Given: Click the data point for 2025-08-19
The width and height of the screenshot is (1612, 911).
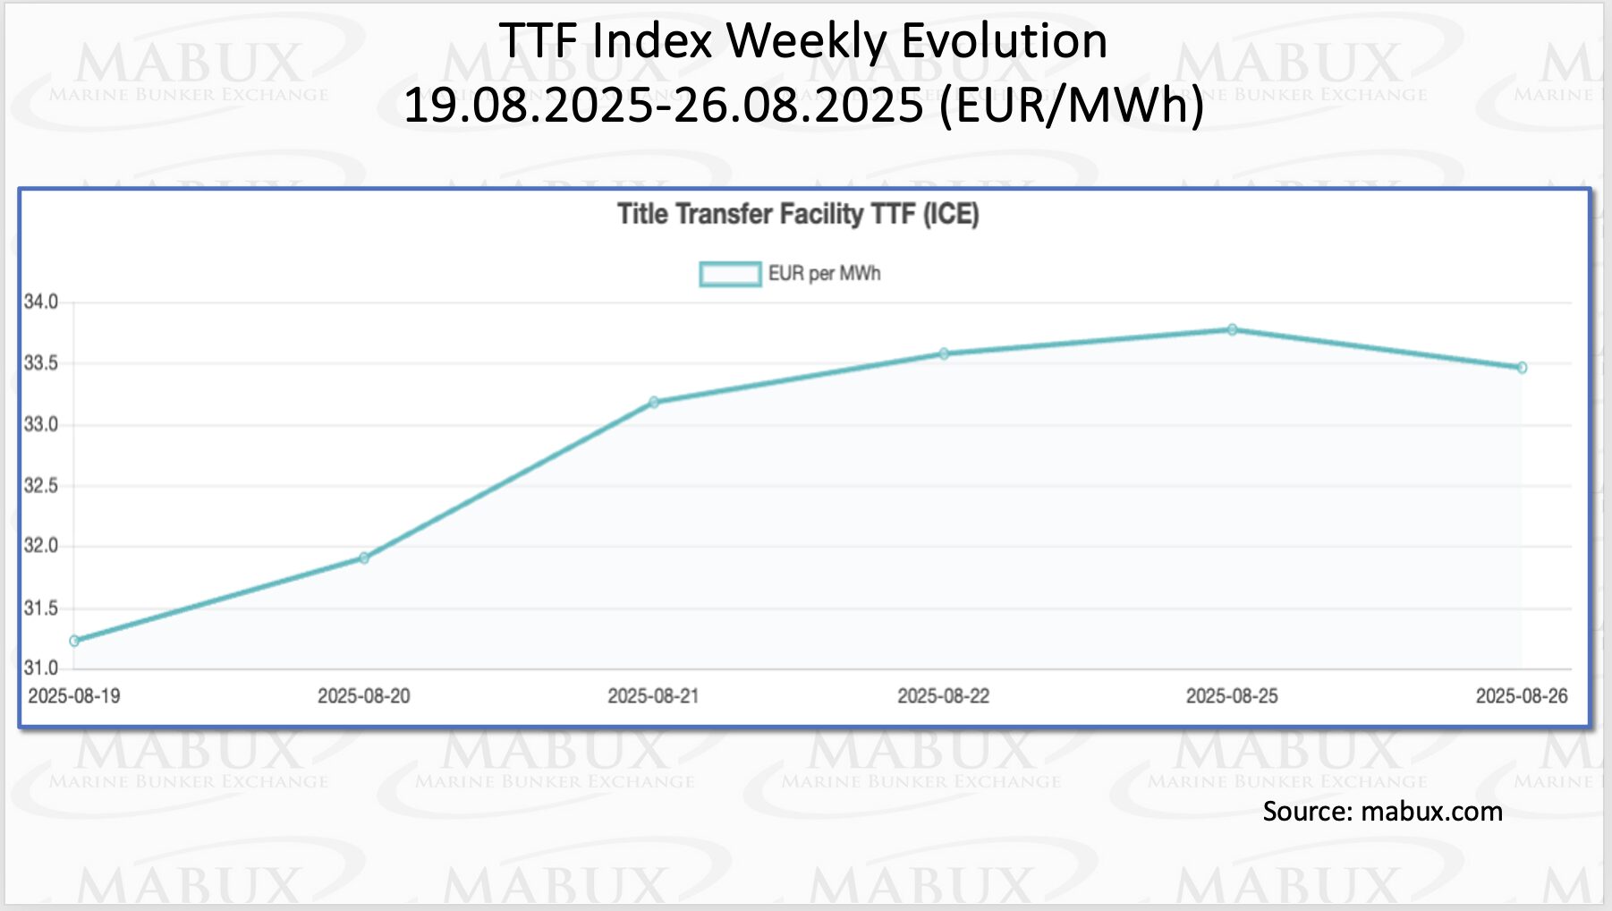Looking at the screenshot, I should [x=74, y=641].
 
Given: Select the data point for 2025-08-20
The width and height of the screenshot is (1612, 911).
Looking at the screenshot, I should [x=364, y=558].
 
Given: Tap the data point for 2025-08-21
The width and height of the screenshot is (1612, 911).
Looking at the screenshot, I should [x=654, y=403].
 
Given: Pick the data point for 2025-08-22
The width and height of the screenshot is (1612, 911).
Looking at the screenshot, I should [x=944, y=354].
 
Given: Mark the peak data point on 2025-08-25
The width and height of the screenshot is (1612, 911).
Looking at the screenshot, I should [x=1233, y=330].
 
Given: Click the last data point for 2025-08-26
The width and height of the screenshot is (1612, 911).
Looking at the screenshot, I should [x=1522, y=368].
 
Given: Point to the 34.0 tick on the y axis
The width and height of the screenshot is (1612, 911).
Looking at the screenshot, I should [x=41, y=302].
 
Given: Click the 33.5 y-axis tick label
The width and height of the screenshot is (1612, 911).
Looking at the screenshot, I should [x=41, y=363].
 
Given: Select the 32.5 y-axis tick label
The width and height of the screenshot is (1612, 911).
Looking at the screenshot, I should [x=41, y=486].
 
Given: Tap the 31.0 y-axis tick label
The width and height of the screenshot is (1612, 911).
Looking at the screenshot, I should [x=41, y=668].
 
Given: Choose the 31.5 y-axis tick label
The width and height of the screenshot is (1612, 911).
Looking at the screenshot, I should [x=41, y=609].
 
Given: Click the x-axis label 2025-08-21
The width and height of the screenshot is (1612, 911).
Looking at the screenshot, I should [x=653, y=696].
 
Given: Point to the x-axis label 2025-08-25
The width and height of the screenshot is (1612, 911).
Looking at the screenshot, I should [x=1232, y=696].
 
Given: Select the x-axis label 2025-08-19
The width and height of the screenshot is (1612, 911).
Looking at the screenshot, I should [x=74, y=696].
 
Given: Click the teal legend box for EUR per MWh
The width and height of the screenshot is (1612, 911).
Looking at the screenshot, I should [x=730, y=274].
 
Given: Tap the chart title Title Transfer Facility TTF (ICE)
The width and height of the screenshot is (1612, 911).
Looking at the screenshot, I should [x=798, y=215].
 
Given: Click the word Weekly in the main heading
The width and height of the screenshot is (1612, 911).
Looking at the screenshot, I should [x=808, y=41].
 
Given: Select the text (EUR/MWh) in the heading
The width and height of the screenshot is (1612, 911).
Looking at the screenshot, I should [x=1072, y=106].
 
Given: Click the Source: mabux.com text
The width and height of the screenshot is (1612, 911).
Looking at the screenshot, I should [x=1382, y=812].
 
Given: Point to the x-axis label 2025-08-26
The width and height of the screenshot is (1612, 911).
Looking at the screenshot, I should [x=1521, y=696].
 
